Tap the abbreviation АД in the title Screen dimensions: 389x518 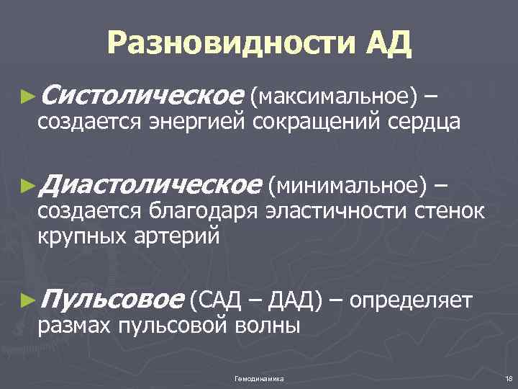pos(388,44)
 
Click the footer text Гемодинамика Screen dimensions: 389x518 pos(259,378)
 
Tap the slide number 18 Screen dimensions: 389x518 pos(508,378)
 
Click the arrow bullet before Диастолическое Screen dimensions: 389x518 pos(28,187)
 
